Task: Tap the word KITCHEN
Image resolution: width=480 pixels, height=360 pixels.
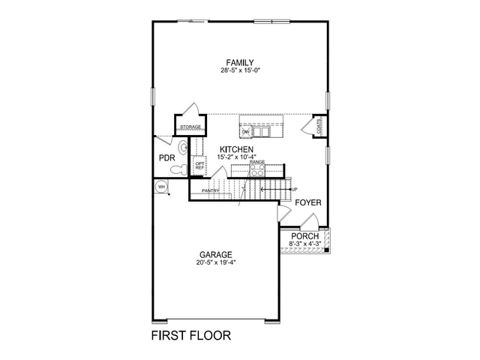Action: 236,149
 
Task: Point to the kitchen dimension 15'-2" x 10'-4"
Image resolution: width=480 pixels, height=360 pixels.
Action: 236,157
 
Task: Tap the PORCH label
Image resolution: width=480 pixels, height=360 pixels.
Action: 305,235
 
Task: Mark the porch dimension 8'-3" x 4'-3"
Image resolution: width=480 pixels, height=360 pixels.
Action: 305,243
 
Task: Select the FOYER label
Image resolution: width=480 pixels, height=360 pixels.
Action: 307,203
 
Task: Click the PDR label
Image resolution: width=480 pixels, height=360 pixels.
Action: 166,158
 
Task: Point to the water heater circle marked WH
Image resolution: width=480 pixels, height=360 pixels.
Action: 161,187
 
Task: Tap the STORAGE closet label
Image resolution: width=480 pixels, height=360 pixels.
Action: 190,127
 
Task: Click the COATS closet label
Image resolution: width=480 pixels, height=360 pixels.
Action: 319,128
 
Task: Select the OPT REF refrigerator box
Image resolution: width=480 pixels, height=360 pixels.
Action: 199,166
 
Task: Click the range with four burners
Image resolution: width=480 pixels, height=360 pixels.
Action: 257,169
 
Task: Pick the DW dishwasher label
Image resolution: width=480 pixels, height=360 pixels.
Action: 245,133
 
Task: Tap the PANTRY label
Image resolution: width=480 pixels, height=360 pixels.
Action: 210,190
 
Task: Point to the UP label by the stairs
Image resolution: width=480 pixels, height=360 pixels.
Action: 294,189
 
